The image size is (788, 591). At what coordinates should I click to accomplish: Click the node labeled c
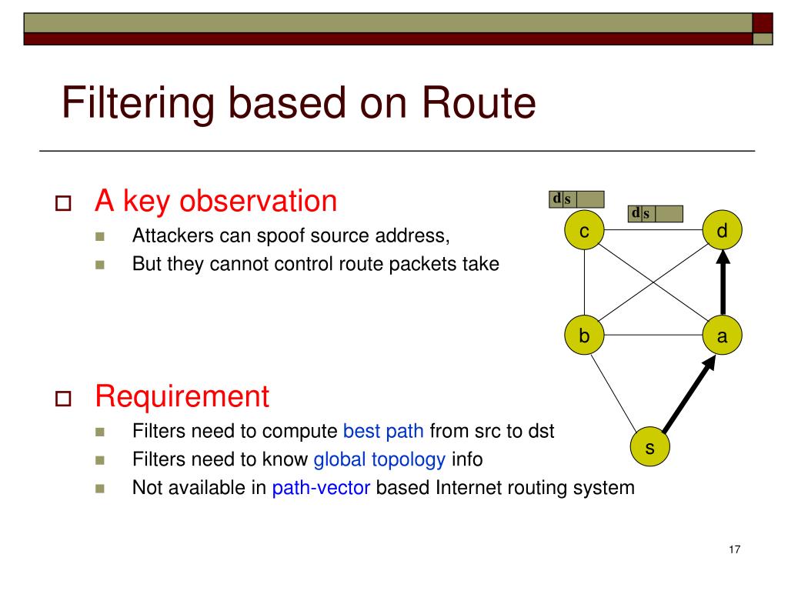tap(584, 232)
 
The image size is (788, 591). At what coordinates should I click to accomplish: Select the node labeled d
tap(723, 231)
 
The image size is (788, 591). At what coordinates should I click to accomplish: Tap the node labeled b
tap(584, 336)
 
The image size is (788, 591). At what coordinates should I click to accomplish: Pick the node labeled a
tap(723, 336)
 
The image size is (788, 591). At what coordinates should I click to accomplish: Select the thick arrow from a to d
tap(723, 285)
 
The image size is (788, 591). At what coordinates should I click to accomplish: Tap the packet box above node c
tap(576, 199)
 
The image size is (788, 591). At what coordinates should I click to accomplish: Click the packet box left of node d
tap(656, 213)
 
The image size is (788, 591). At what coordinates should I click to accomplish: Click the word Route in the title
tap(477, 104)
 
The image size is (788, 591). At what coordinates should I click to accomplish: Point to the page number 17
tap(733, 549)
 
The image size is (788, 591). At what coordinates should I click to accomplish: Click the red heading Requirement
tap(182, 397)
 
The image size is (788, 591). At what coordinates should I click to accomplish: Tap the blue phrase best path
tap(383, 431)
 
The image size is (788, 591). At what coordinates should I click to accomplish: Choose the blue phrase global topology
tap(379, 460)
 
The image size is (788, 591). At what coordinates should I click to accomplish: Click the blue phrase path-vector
tap(321, 488)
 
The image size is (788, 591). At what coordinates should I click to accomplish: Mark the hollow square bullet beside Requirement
tap(63, 399)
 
